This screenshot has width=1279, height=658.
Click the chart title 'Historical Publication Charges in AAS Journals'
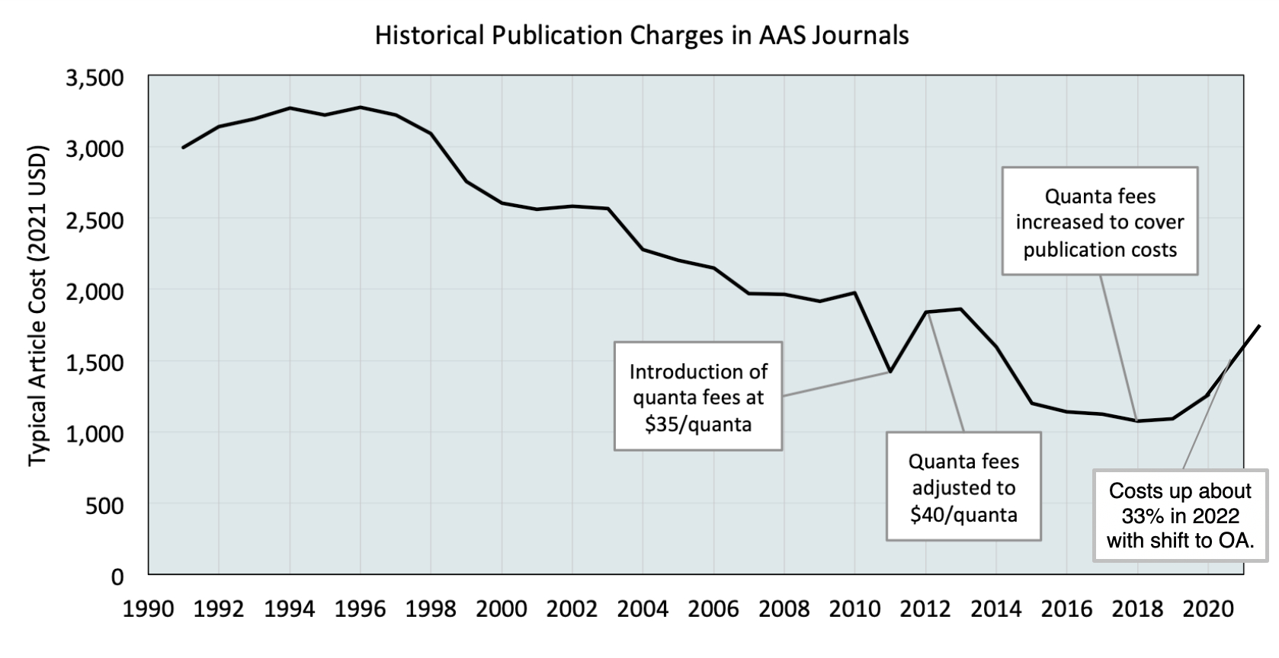point(642,36)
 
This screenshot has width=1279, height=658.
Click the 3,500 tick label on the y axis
point(95,78)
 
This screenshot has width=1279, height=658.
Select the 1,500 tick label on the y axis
point(95,363)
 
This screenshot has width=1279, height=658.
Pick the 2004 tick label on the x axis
point(643,610)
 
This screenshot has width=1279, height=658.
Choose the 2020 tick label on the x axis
point(1208,610)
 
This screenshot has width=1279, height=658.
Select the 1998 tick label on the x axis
point(431,610)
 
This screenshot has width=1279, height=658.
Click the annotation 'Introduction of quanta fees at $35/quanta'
point(698,397)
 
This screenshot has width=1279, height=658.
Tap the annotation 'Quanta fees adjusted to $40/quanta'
point(963,487)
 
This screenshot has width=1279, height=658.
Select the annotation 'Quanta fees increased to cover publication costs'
point(1100,222)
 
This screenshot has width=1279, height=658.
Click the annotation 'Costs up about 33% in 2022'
point(1180,516)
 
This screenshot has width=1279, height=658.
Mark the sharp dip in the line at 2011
point(890,372)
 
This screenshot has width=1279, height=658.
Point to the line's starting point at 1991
point(184,147)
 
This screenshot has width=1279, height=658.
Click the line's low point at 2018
point(1137,420)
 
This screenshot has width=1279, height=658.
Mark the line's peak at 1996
point(361,107)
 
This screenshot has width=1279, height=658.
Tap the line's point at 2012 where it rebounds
point(925,311)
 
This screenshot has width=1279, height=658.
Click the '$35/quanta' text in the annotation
point(698,424)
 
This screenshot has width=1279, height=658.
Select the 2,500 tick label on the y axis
point(95,221)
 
